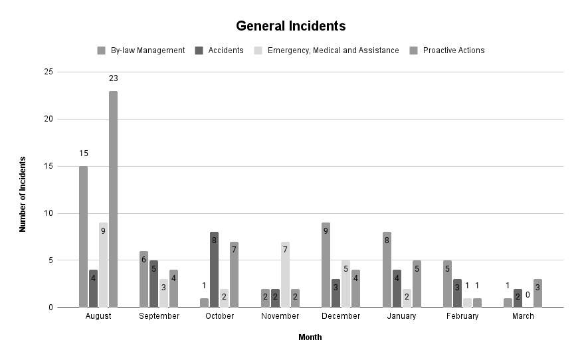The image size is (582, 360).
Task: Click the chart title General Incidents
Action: tap(291, 27)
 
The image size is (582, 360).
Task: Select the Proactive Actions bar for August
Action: tap(113, 199)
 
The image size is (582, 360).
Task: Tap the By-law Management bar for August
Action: tap(83, 236)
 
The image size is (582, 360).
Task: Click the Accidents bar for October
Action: tap(214, 270)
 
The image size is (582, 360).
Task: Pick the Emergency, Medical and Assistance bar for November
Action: tap(285, 274)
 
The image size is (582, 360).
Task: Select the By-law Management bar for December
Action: tap(326, 265)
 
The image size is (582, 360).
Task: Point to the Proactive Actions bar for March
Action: tap(537, 294)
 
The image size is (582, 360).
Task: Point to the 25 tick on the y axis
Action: tap(47, 72)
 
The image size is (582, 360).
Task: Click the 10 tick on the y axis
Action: tap(47, 213)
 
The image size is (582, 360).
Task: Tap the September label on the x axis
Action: tap(159, 316)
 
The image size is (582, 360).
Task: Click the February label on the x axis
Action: tap(462, 316)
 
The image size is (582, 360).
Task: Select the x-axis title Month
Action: tap(310, 337)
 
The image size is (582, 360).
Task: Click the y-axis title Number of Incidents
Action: tap(23, 194)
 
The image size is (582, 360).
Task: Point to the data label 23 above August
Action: tap(113, 78)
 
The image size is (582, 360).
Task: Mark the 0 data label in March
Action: tap(528, 295)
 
